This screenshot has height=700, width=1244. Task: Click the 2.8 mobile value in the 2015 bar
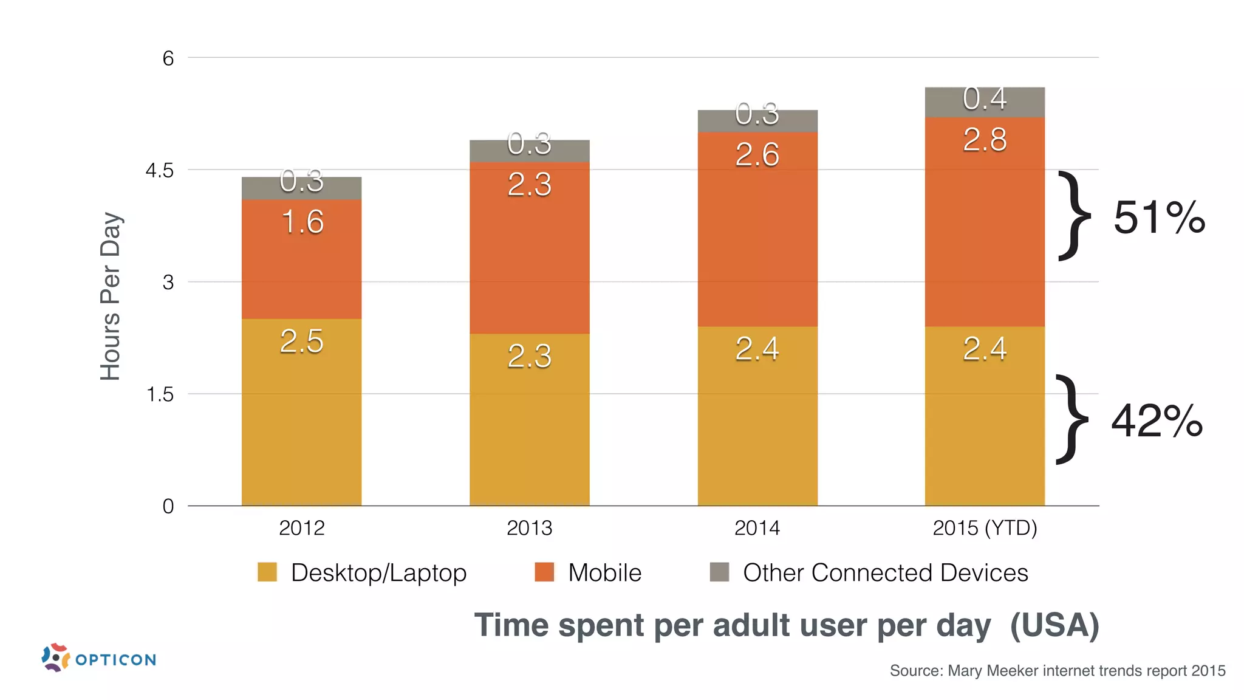click(x=985, y=140)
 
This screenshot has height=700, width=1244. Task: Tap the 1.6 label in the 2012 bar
click(x=302, y=222)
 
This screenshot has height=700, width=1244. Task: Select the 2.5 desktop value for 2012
click(x=302, y=341)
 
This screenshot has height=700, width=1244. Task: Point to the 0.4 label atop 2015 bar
click(x=985, y=99)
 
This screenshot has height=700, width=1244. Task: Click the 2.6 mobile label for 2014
click(x=757, y=154)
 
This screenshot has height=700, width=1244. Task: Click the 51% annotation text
click(x=1158, y=218)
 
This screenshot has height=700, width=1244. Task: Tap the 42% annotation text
click(x=1157, y=420)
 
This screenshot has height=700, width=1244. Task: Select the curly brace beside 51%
click(x=1074, y=216)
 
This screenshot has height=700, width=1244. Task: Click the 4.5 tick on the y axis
click(x=160, y=171)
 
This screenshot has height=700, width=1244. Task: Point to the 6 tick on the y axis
click(x=168, y=58)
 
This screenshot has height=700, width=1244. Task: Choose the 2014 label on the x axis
click(x=757, y=527)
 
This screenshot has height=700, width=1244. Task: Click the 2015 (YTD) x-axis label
click(x=985, y=527)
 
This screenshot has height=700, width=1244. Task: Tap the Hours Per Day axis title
click(x=111, y=297)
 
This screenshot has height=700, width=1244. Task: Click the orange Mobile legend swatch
click(x=544, y=572)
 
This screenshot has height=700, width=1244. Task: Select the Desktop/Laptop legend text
click(x=378, y=573)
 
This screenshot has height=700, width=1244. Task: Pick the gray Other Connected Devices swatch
click(x=719, y=572)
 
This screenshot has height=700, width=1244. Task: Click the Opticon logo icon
click(x=55, y=657)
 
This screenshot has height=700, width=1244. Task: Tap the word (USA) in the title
click(x=1054, y=625)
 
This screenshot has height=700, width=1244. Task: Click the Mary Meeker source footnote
click(x=1057, y=671)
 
